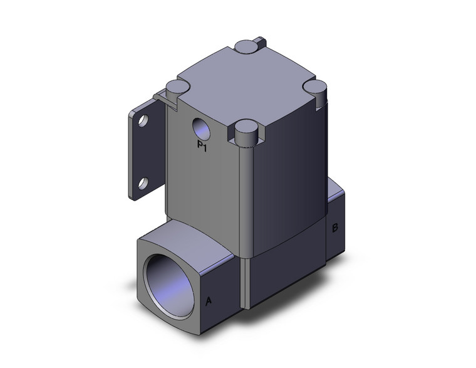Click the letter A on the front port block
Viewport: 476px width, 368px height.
209,302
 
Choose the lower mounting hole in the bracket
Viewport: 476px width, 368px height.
143,183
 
